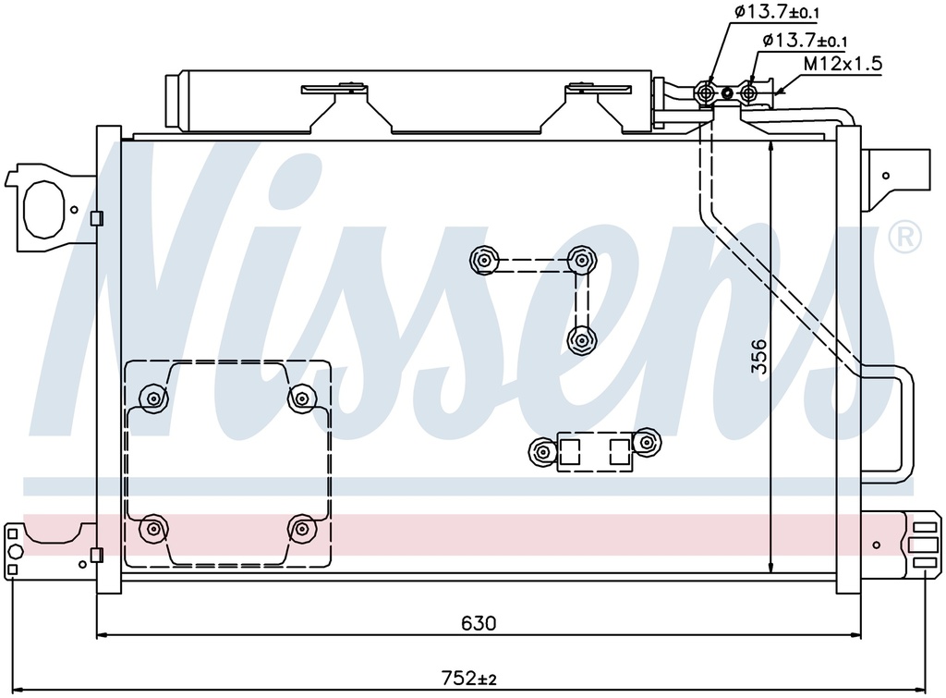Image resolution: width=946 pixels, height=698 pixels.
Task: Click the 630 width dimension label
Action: coord(479,623)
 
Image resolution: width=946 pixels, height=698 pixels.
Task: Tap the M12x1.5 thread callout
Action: coord(843,64)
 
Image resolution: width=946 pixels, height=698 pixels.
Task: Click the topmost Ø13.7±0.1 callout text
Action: coord(777,12)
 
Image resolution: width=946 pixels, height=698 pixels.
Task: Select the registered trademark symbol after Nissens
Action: coord(904,238)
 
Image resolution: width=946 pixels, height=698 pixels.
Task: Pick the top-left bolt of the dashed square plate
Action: coord(152,398)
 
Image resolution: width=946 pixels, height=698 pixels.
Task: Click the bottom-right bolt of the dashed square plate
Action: coord(301,529)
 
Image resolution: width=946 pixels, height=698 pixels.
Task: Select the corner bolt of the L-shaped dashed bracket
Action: coord(580,260)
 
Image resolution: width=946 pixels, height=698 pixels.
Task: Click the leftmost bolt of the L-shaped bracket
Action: coord(483,261)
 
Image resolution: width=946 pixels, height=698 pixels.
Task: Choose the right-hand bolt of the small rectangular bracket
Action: coord(647,443)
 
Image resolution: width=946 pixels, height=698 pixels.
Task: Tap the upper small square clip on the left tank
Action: coord(97,219)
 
